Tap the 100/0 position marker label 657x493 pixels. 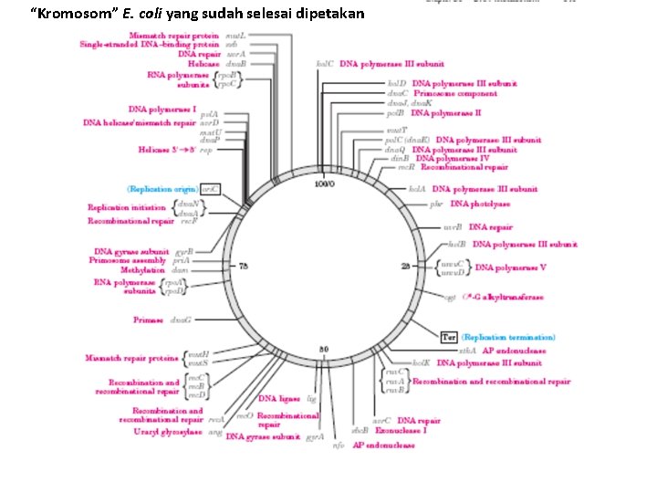(325, 184)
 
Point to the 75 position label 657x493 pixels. (244, 266)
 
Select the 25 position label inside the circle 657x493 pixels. (406, 266)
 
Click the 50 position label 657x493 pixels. (324, 350)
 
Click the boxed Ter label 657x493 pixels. (448, 337)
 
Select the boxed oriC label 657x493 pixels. (211, 188)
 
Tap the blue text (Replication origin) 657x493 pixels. (162, 188)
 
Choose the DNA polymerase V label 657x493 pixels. (510, 268)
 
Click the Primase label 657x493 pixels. (148, 320)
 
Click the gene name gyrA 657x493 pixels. (316, 437)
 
